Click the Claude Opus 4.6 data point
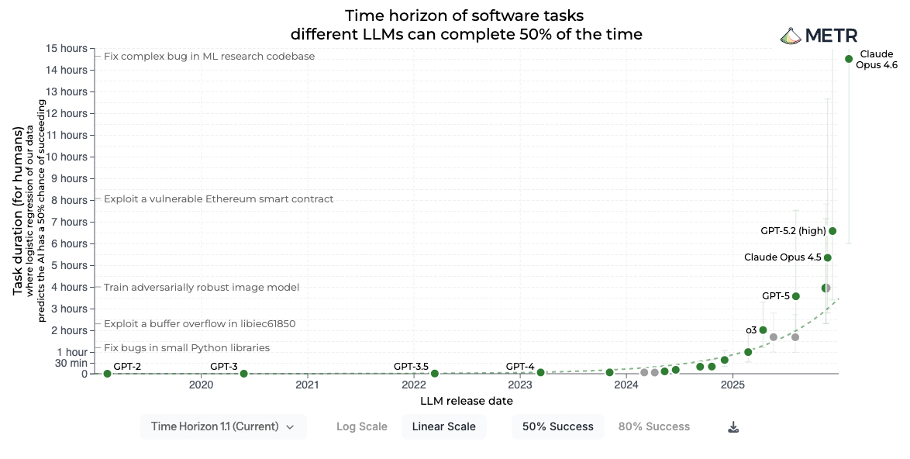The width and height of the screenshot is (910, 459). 849,59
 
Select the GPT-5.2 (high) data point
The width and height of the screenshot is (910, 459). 832,231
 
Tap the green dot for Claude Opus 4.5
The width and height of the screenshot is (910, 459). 828,257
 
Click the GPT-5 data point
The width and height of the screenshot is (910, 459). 796,296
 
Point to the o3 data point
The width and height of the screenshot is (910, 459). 764,330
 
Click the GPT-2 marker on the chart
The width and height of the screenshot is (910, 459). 107,374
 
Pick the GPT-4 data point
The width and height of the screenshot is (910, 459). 541,373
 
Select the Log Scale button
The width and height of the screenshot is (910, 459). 362,426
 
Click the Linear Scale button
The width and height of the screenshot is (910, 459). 444,426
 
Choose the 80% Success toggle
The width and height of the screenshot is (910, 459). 654,426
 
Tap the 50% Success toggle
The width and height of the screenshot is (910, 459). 558,426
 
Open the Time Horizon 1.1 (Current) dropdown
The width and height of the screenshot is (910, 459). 223,426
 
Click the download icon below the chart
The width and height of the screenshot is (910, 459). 733,427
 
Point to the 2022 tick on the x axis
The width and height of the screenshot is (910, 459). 414,385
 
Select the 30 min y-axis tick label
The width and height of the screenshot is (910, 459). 72,363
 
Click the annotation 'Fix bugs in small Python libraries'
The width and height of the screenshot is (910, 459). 187,348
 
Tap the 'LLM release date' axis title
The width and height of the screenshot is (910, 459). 467,402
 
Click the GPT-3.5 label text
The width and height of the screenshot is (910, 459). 411,366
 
